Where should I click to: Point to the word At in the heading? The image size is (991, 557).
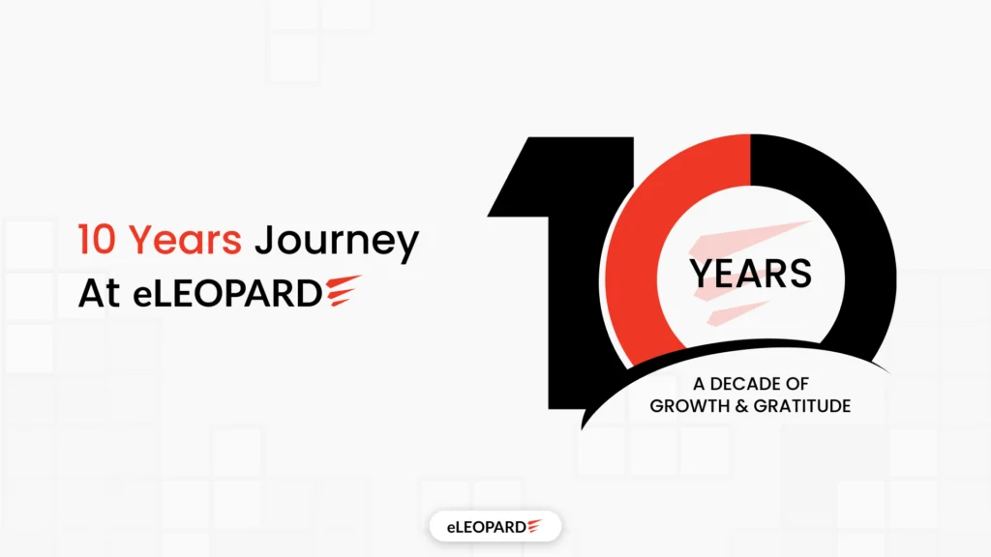(99, 294)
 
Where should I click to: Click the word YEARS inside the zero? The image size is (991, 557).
(750, 275)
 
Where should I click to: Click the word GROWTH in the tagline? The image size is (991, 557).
(684, 406)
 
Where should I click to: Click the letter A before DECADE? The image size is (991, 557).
(700, 384)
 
